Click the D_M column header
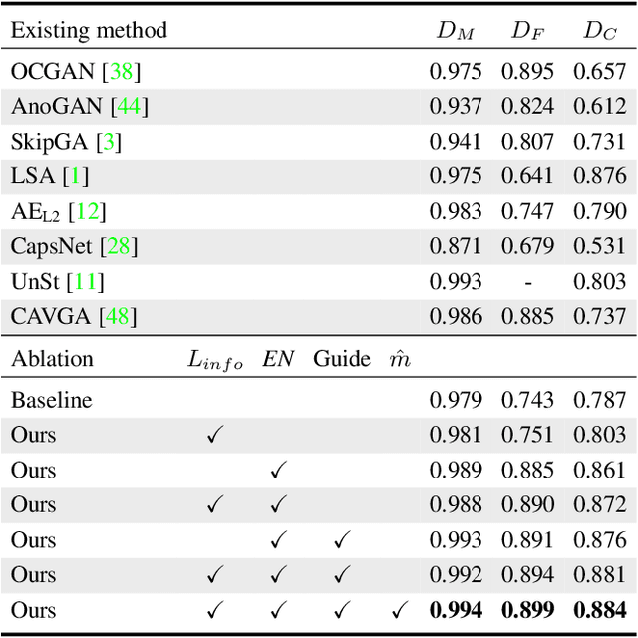point(455,31)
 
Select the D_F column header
point(526,31)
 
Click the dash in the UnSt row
point(527,282)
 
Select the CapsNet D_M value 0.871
point(456,246)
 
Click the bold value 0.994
point(456,610)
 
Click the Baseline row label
point(52,401)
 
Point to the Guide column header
point(342,359)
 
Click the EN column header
point(278,359)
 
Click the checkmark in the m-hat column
point(399,610)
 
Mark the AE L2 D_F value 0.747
point(527,211)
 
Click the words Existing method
point(89,30)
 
